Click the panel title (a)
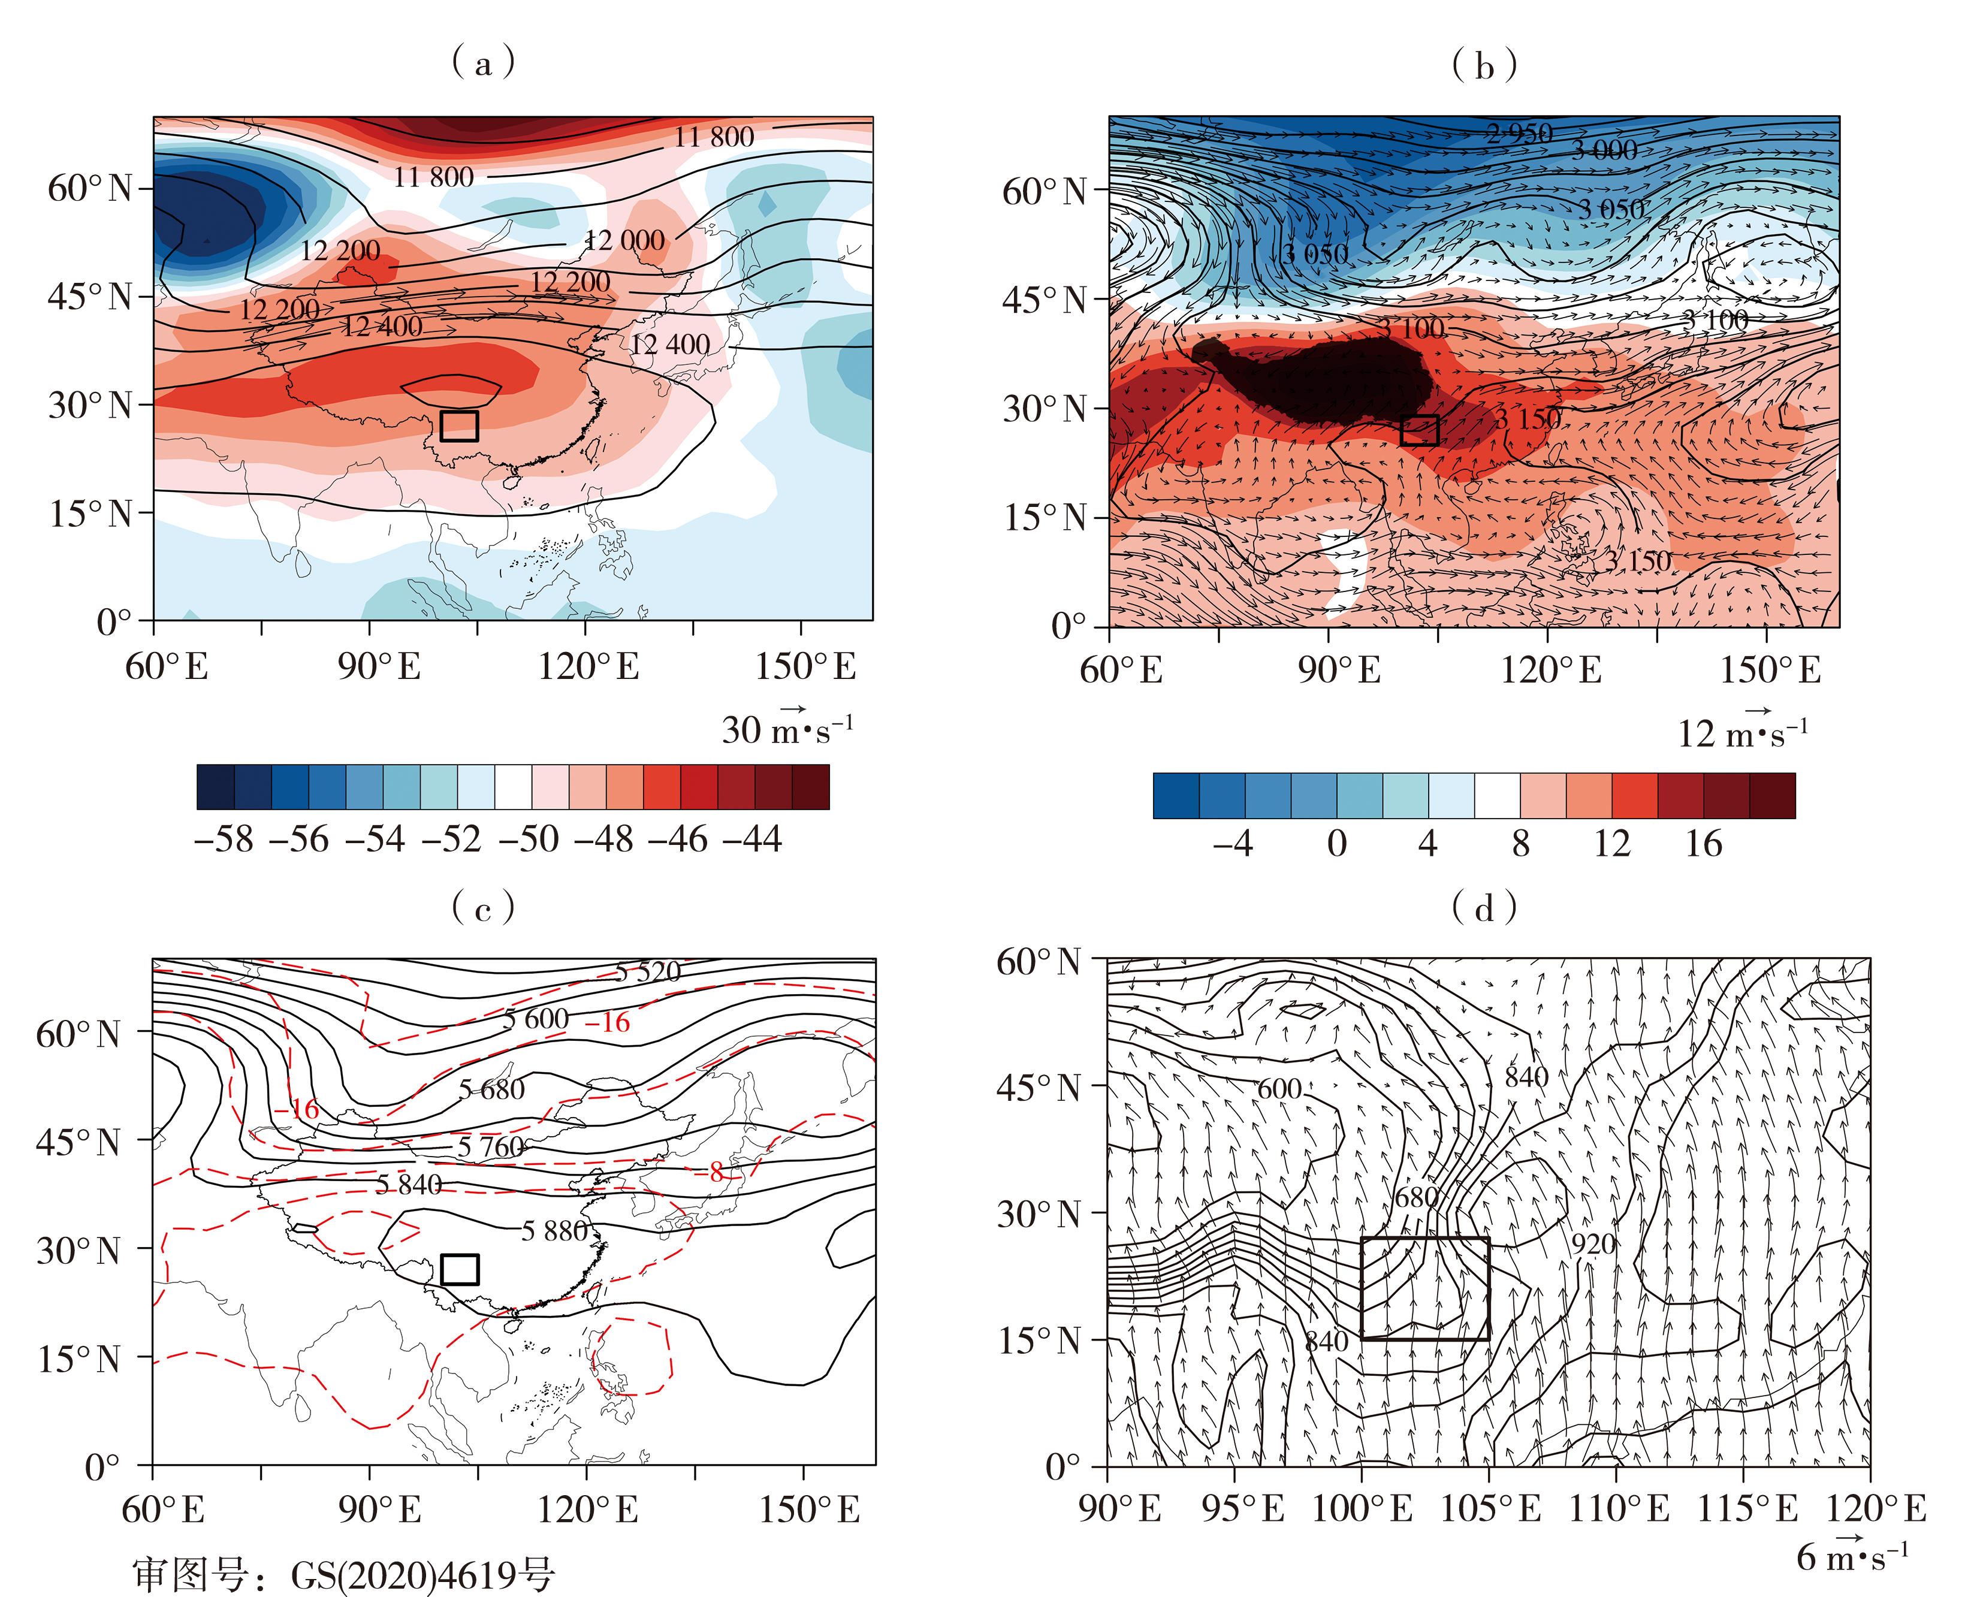pos(483,62)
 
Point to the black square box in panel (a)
pos(459,426)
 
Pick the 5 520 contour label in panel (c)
pos(648,971)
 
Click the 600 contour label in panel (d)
pos(1279,1089)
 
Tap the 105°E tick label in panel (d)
pos(1490,1509)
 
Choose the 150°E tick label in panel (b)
pos(1770,670)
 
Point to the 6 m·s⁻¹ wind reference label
pos(1852,1556)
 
